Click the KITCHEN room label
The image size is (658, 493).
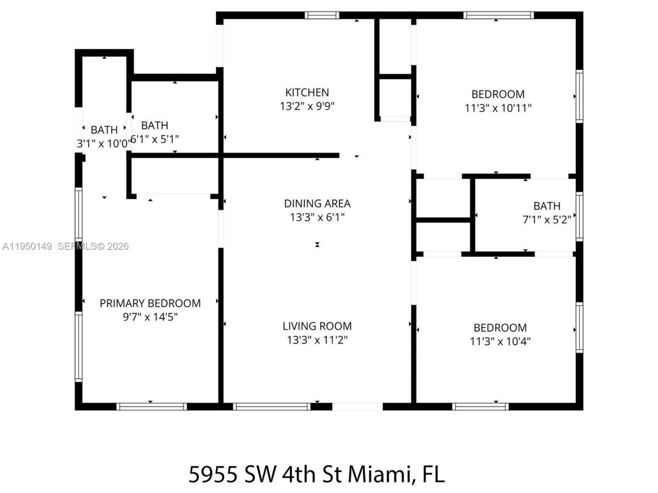(x=307, y=92)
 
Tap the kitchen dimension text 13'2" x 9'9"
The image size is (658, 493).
(x=307, y=106)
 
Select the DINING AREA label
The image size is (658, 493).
(x=317, y=203)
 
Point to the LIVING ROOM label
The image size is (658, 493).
(x=317, y=326)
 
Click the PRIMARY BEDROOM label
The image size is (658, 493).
(x=150, y=304)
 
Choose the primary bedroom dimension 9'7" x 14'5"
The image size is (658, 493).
(x=150, y=317)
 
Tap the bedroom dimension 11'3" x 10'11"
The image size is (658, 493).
(x=498, y=108)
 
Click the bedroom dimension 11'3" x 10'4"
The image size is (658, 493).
(x=500, y=342)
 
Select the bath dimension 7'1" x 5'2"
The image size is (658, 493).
(x=546, y=220)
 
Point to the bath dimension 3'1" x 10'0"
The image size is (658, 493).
(x=103, y=144)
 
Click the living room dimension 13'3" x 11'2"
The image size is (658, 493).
(x=317, y=340)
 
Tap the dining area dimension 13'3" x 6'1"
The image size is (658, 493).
(x=317, y=217)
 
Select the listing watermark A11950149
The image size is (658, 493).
(x=27, y=246)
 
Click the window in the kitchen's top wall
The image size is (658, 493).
(x=322, y=15)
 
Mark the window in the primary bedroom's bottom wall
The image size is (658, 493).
(x=151, y=406)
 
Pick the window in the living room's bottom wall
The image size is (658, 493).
(x=271, y=406)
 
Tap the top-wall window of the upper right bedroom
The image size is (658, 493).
(x=498, y=15)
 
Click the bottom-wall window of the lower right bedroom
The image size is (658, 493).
(x=481, y=406)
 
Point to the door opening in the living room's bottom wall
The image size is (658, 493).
(x=357, y=406)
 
